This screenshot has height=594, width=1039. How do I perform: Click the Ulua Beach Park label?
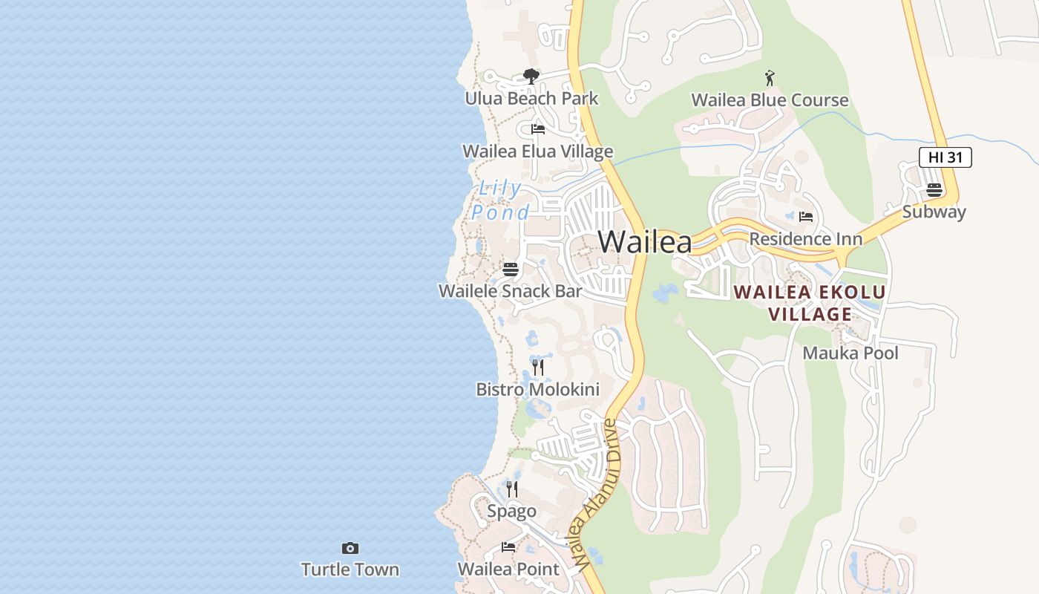(531, 99)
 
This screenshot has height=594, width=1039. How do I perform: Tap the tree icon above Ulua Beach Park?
(531, 76)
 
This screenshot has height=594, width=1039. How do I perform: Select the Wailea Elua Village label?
(537, 151)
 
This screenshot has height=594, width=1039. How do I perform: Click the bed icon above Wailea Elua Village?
(538, 129)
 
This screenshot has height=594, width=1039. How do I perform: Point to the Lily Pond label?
(499, 200)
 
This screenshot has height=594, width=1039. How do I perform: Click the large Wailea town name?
(644, 242)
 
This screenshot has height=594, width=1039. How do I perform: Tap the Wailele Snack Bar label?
(510, 291)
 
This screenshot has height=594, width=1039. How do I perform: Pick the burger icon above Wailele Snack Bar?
(511, 269)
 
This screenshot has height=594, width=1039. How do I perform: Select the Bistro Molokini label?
(537, 390)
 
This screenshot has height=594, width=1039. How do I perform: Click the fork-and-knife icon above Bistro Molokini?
(538, 368)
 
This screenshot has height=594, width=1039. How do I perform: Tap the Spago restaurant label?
(511, 512)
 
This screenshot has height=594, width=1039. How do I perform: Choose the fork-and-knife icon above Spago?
(512, 489)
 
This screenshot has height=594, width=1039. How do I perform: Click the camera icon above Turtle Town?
(350, 549)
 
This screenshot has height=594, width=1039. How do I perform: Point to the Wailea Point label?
(508, 569)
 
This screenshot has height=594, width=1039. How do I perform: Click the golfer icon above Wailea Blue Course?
(770, 77)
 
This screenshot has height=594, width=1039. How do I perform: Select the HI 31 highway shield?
(945, 157)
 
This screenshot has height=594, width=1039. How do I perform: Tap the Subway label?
(934, 212)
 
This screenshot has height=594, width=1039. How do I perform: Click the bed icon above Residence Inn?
(806, 217)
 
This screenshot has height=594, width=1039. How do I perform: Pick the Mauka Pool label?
(850, 353)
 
